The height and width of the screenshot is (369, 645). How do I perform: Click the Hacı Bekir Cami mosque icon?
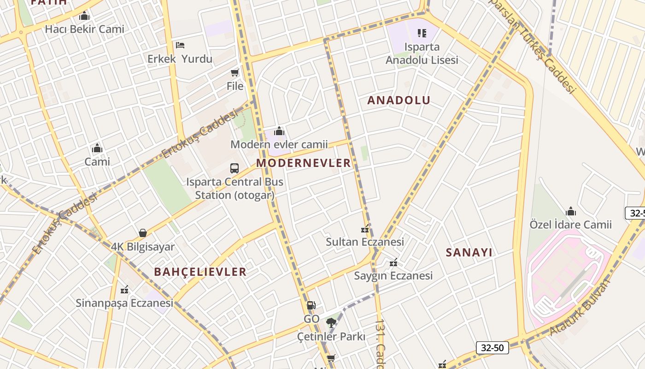point(84,17)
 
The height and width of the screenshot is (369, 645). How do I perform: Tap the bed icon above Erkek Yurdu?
point(180,45)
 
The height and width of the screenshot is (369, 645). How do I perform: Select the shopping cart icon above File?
point(235,72)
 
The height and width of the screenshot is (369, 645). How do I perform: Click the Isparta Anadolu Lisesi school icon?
point(422,33)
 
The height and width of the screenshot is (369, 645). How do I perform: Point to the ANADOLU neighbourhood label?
point(399,100)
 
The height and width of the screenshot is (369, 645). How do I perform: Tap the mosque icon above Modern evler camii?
point(279,131)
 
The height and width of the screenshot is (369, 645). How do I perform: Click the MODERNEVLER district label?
point(304,163)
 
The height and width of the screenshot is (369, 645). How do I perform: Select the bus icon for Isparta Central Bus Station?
point(235,168)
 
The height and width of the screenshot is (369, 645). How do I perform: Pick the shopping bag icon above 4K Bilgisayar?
point(143,233)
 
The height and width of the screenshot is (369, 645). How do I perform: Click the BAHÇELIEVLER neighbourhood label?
point(200,272)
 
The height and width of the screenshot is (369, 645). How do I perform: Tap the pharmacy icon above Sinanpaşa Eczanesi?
point(124,290)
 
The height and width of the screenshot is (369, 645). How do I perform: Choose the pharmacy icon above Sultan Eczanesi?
point(365,229)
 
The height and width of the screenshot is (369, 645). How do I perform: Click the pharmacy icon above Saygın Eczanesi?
point(393,263)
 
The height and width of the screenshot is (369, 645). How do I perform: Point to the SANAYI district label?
point(469,252)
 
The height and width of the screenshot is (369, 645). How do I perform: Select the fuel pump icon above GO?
point(311,305)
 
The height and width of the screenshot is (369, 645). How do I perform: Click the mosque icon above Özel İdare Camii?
point(571,212)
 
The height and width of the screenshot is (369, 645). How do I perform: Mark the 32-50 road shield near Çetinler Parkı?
point(492,347)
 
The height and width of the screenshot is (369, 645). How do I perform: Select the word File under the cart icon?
point(235,86)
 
